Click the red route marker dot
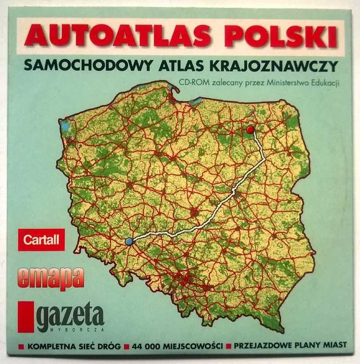pos(250,129)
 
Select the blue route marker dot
pos(129,241)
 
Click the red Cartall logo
pos(41,240)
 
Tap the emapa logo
pos(50,278)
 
